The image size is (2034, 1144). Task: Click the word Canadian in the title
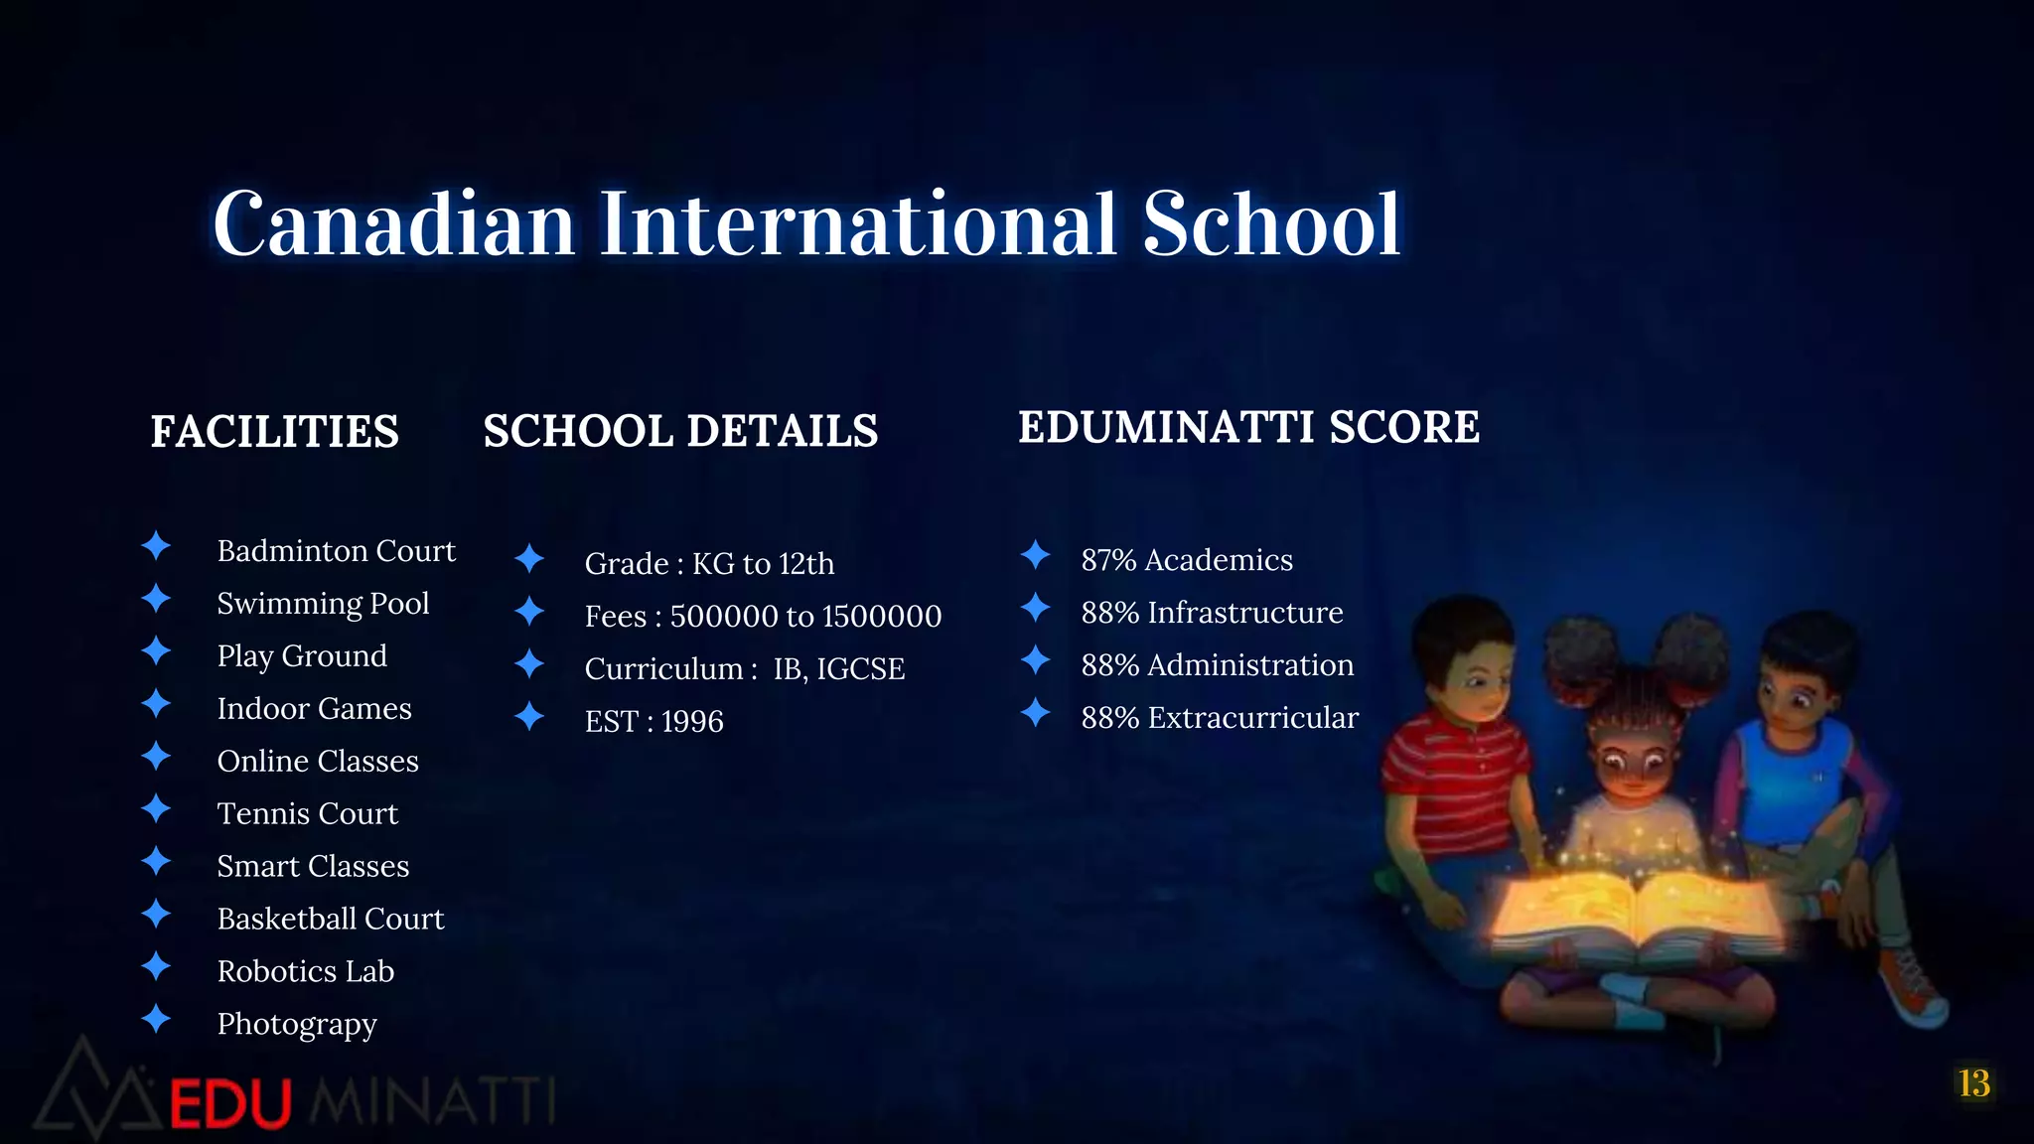point(394,224)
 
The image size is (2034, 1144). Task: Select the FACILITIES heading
point(274,432)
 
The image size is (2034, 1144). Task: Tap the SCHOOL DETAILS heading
point(680,431)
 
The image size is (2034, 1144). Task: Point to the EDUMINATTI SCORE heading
point(1248,428)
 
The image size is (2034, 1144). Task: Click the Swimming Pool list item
point(323,604)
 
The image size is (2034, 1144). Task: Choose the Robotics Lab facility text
point(306,971)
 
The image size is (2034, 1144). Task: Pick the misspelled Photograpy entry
point(297,1024)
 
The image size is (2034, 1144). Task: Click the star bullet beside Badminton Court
point(156,545)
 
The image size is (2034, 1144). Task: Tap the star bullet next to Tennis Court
point(156,808)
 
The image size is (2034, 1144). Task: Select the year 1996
point(692,721)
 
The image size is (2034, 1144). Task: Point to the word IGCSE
point(860,669)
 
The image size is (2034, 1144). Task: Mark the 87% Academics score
point(1187,560)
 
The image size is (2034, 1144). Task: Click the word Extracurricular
point(1253,718)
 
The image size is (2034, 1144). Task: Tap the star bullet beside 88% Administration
point(1036,659)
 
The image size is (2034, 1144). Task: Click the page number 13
point(1973,1083)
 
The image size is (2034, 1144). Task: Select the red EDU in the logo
point(230,1103)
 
